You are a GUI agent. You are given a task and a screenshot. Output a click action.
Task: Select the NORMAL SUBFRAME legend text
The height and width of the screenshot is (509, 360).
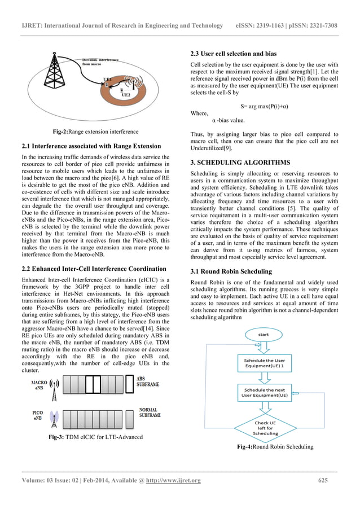tap(149, 413)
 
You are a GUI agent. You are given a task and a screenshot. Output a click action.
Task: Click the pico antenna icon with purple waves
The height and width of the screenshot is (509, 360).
tap(54, 418)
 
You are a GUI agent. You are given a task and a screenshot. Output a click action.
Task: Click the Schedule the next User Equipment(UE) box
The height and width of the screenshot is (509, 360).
tap(266, 393)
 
